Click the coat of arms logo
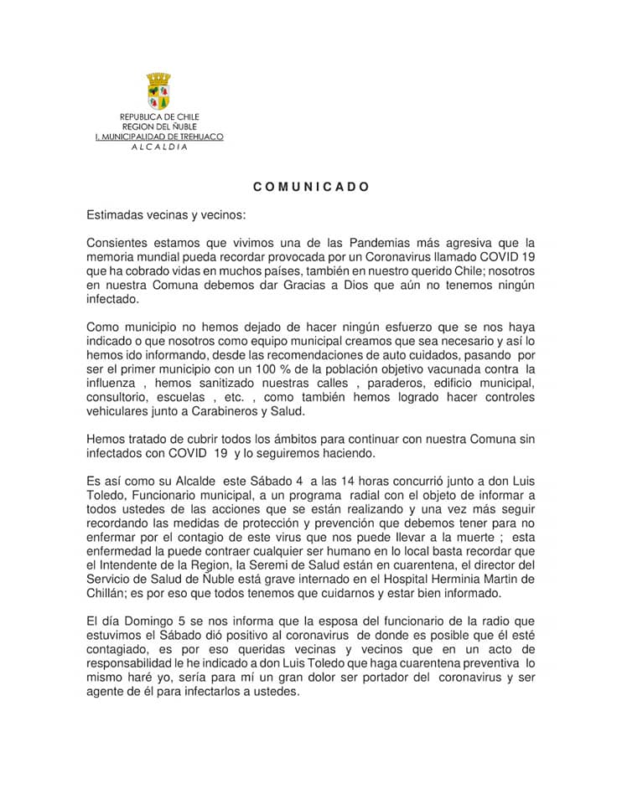click(x=158, y=91)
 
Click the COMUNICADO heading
click(x=311, y=188)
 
